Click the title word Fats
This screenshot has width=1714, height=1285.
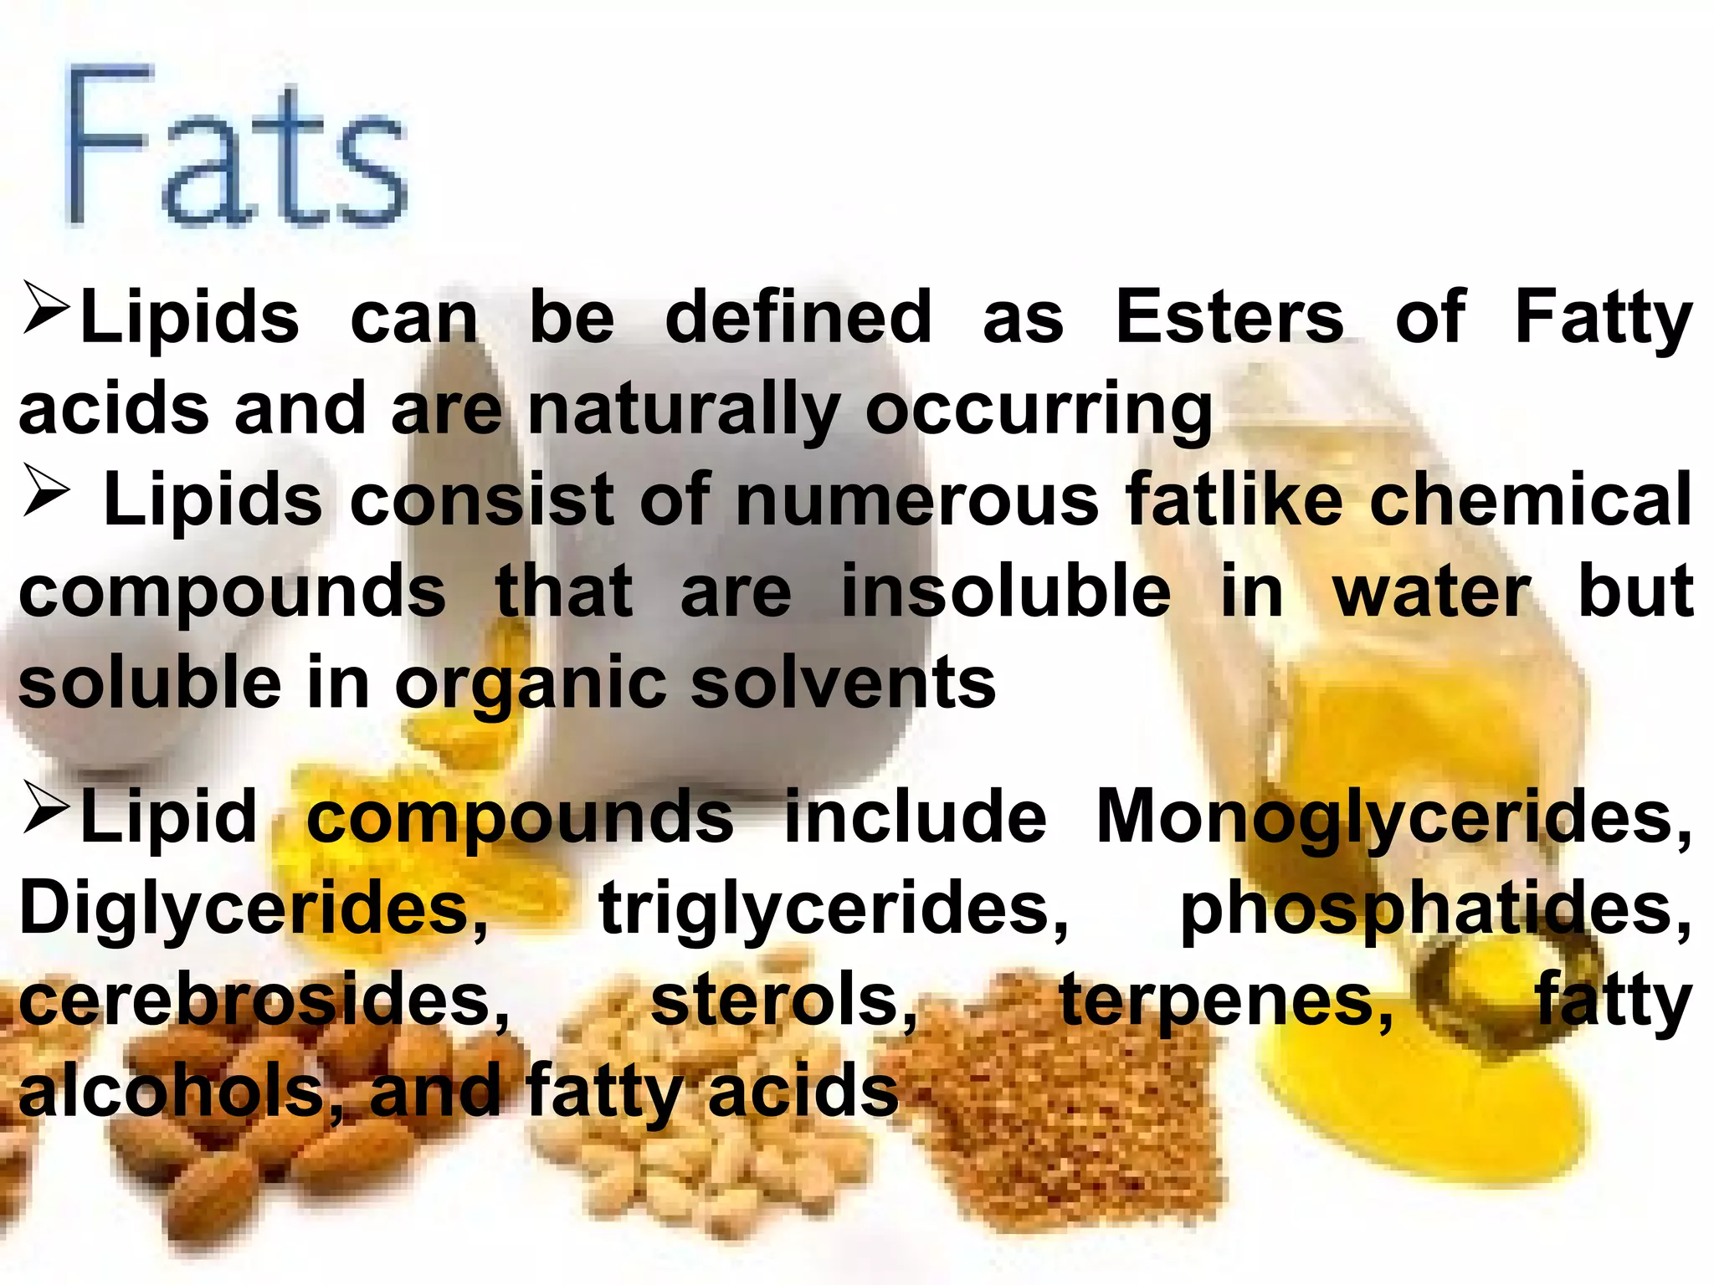[237, 146]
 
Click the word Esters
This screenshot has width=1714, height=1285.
[1230, 318]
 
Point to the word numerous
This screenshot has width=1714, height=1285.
[917, 500]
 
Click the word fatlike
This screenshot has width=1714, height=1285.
[1234, 500]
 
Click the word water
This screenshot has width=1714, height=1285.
[1432, 592]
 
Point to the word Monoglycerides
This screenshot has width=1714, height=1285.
[1393, 818]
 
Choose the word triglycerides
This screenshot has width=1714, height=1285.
[834, 910]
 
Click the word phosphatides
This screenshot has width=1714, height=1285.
[1434, 910]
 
